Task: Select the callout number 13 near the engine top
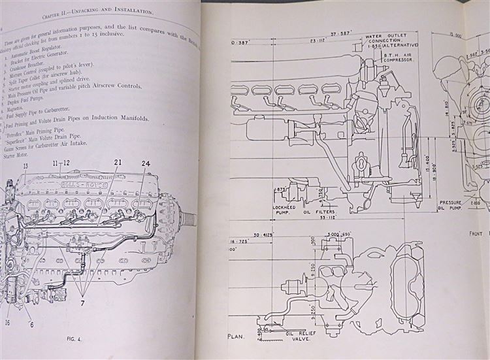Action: click(x=25, y=167)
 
